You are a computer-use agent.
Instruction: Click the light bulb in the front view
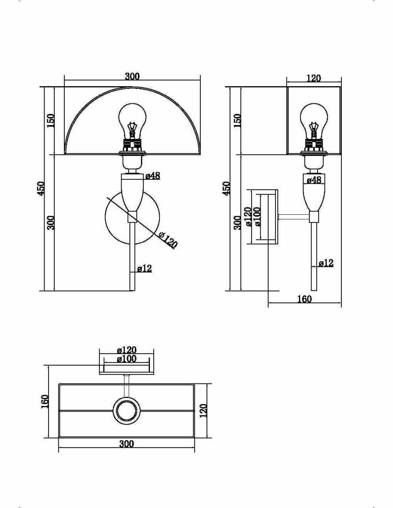pyautogui.click(x=133, y=119)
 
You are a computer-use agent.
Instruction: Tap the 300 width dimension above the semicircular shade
pyautogui.click(x=132, y=77)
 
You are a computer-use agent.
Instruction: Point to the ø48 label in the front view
pyautogui.click(x=153, y=176)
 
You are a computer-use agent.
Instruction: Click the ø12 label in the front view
pyautogui.click(x=144, y=269)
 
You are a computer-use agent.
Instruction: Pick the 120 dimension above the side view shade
pyautogui.click(x=314, y=78)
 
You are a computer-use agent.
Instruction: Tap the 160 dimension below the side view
pyautogui.click(x=304, y=299)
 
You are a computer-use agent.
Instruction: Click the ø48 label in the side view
pyautogui.click(x=314, y=180)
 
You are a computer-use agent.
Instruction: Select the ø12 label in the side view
pyautogui.click(x=326, y=263)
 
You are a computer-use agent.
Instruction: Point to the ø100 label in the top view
pyautogui.click(x=127, y=359)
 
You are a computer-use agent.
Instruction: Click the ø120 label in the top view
pyautogui.click(x=127, y=350)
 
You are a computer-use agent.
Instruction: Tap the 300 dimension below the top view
pyautogui.click(x=126, y=444)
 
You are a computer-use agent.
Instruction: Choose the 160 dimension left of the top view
pyautogui.click(x=45, y=401)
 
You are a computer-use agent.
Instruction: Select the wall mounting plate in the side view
pyautogui.click(x=273, y=216)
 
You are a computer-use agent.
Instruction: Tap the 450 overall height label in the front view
pyautogui.click(x=41, y=188)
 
